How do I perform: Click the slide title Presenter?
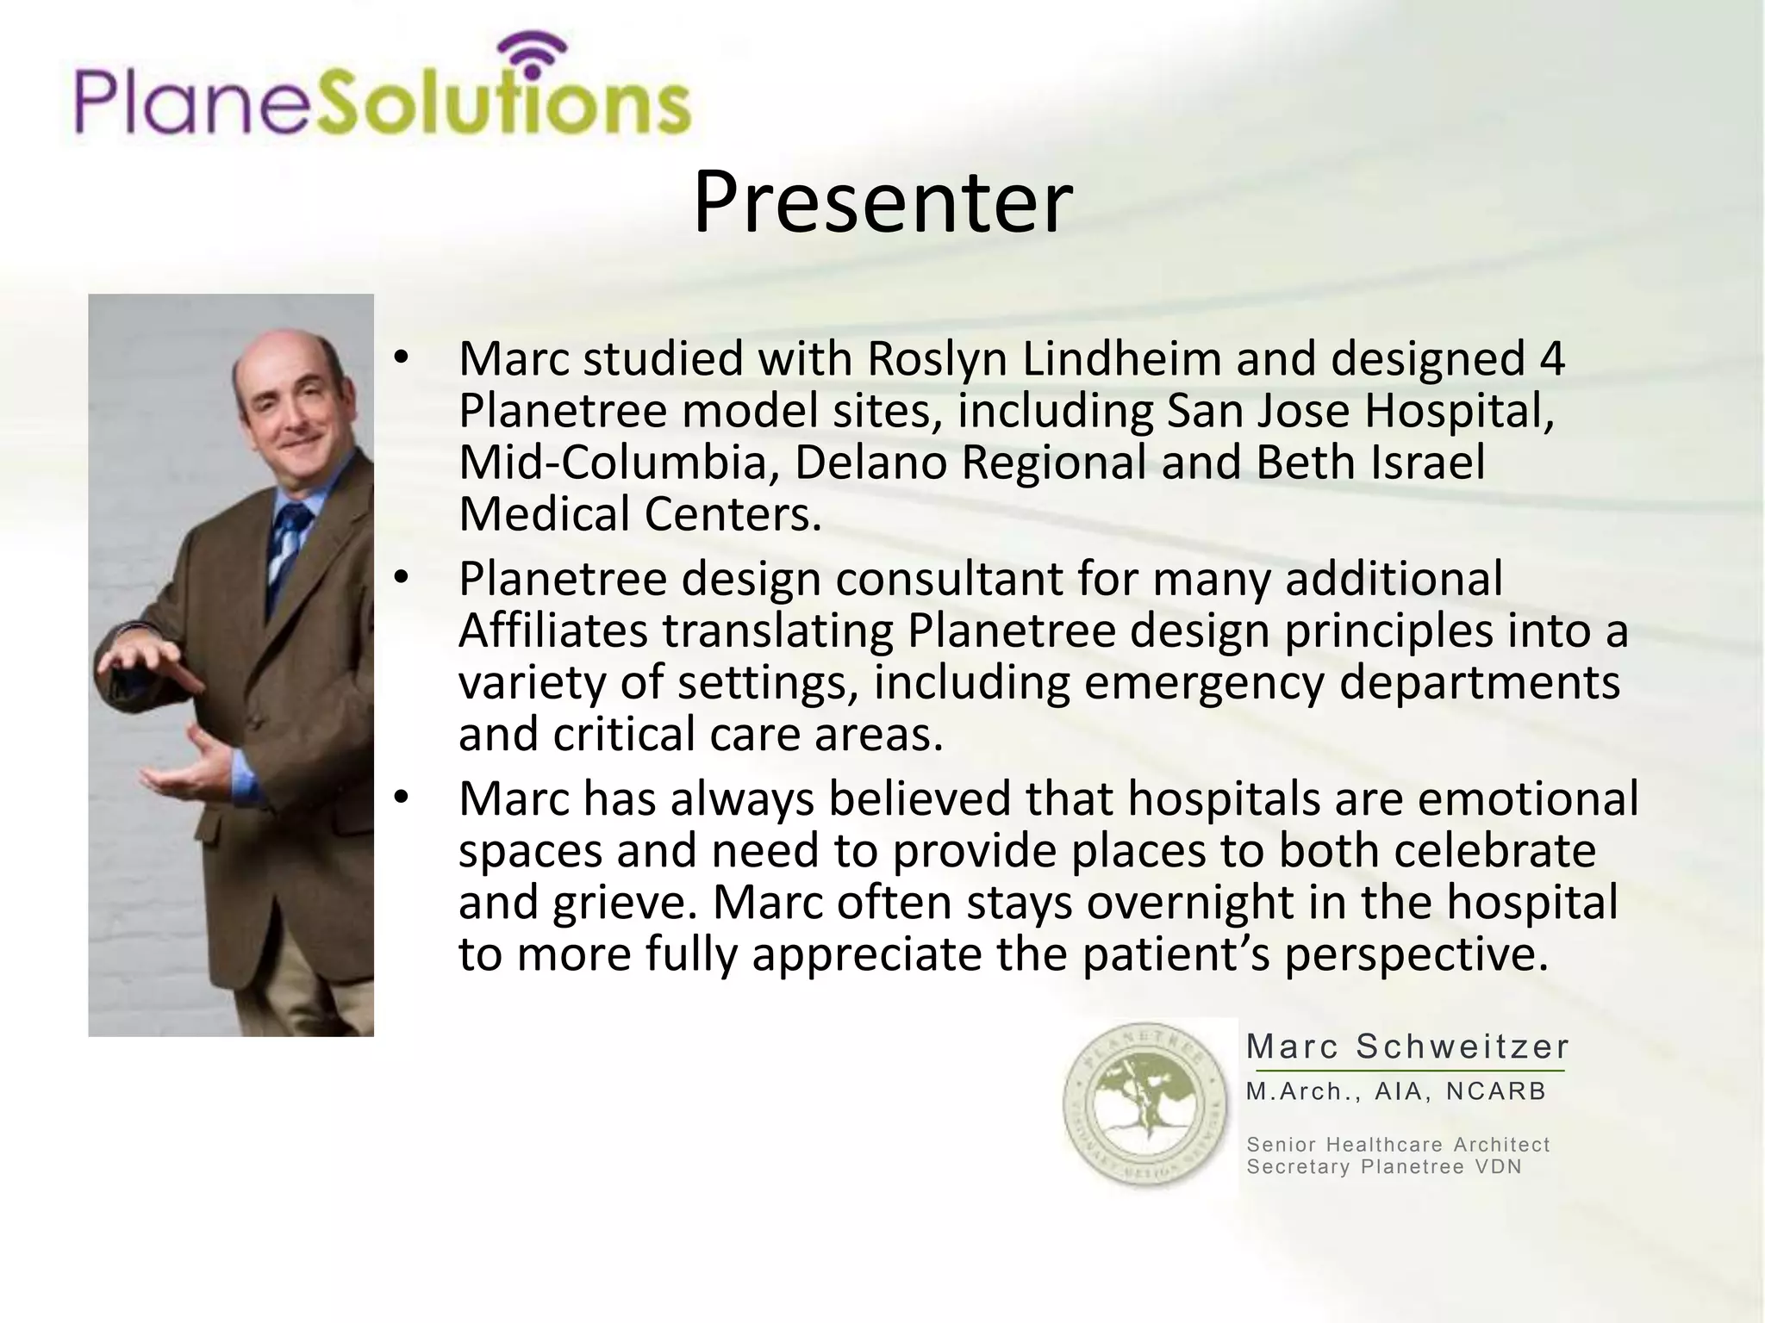[882, 203]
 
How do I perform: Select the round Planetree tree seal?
[1146, 1105]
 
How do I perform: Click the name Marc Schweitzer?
[1407, 1047]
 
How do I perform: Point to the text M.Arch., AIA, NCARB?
[1396, 1092]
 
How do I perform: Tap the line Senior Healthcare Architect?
[1398, 1145]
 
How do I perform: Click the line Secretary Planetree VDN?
[1384, 1167]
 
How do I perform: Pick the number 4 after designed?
[1551, 359]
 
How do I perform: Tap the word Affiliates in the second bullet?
[552, 630]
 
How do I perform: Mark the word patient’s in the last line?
[1176, 954]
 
